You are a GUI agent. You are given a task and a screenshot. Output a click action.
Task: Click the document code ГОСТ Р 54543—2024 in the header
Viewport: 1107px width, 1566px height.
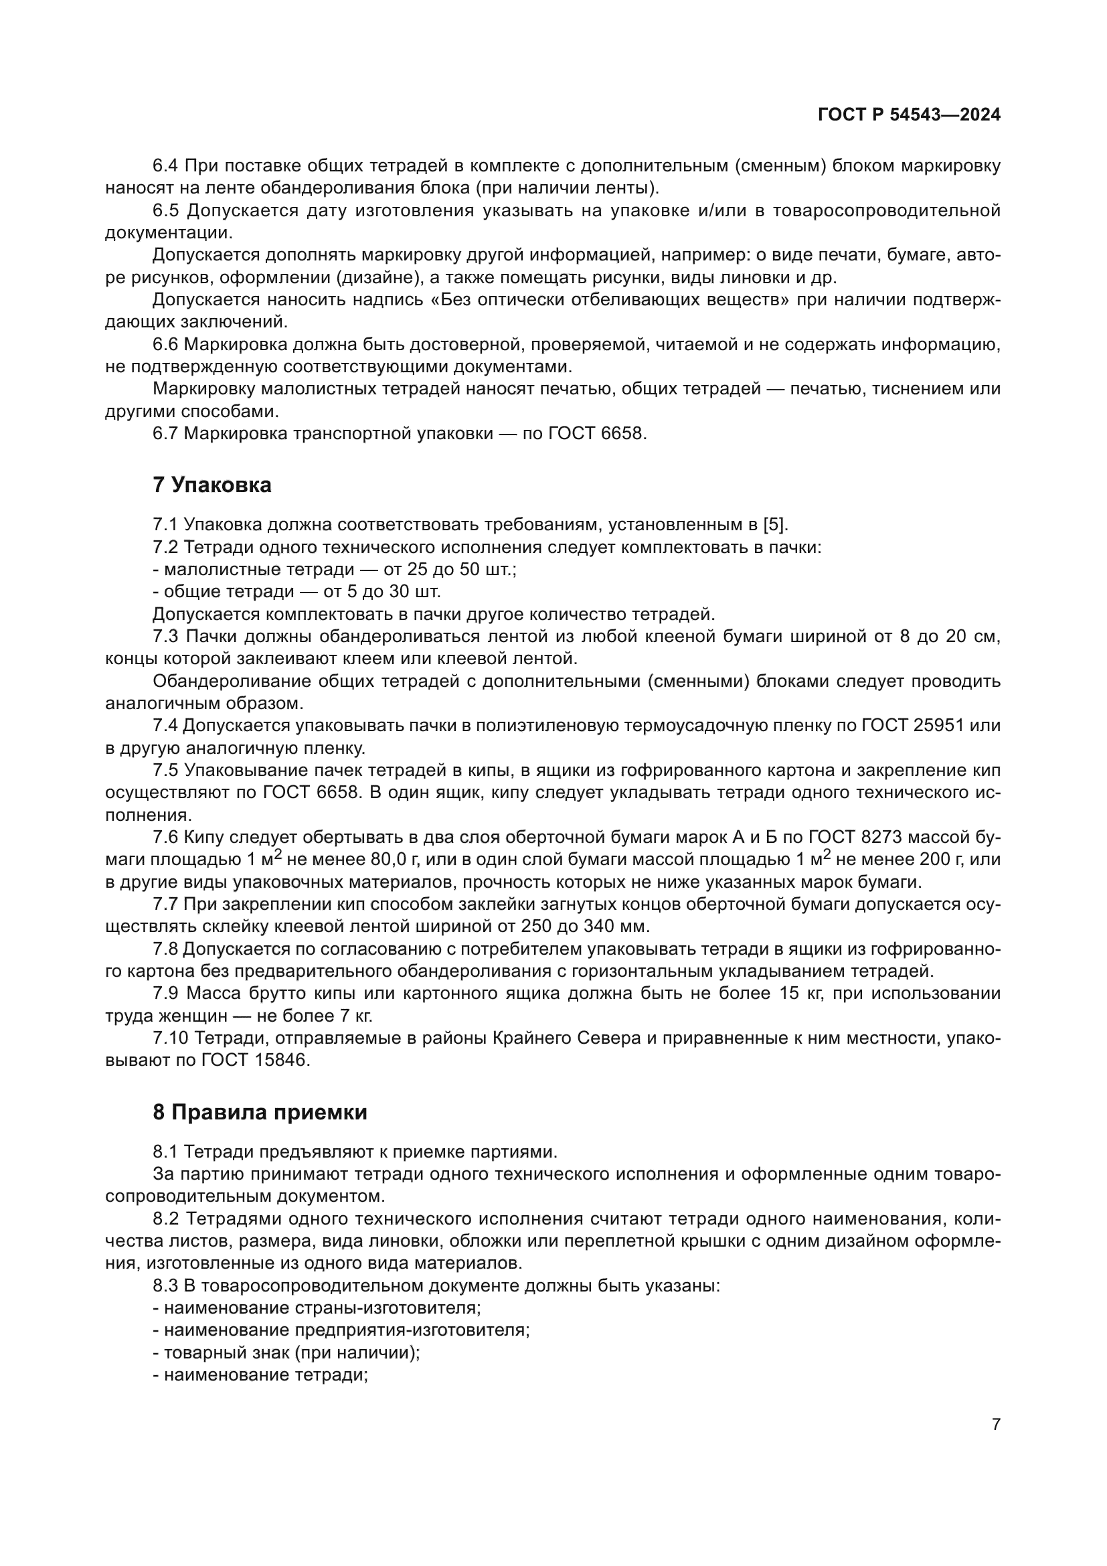[x=909, y=114]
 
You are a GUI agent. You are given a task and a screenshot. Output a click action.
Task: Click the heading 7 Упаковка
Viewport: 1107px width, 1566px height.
[x=212, y=485]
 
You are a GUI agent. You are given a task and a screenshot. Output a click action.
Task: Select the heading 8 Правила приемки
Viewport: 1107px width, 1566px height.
[x=260, y=1113]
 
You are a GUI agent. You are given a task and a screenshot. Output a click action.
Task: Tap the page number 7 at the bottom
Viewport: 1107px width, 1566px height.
[x=996, y=1425]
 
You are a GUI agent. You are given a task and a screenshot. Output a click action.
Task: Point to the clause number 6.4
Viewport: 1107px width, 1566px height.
[x=165, y=166]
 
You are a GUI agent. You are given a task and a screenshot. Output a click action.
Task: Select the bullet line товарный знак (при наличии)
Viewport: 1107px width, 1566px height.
[x=287, y=1352]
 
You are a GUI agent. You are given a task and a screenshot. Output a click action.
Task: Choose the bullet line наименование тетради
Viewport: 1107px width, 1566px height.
[x=261, y=1375]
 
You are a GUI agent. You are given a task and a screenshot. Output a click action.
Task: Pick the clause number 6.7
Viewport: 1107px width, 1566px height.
[x=165, y=433]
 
